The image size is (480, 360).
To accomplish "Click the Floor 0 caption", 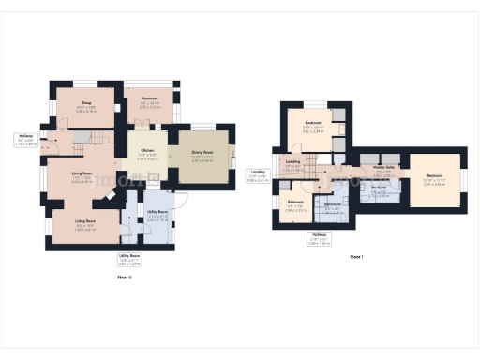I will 124,277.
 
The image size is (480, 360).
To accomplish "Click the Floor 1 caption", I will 356,256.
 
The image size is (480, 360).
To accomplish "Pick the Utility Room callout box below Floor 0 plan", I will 129,258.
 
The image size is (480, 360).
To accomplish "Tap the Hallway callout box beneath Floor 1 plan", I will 320,237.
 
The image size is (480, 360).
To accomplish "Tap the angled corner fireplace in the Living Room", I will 113,193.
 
